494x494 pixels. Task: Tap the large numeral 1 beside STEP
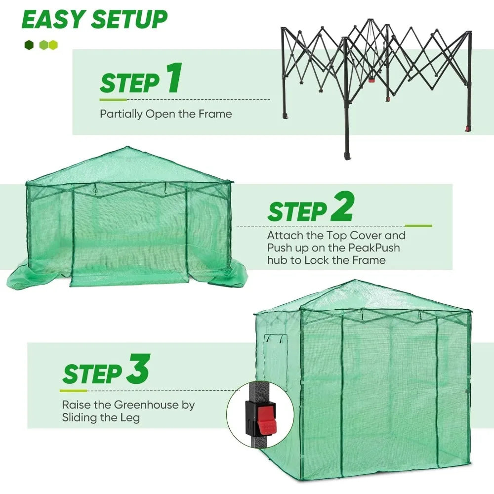pyautogui.click(x=172, y=80)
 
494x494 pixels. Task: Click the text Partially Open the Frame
pyautogui.click(x=165, y=114)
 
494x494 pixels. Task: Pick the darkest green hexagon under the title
pyautogui.click(x=28, y=45)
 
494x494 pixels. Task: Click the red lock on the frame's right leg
pyautogui.click(x=466, y=130)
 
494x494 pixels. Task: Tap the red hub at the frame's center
pyautogui.click(x=371, y=79)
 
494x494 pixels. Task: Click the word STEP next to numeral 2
pyautogui.click(x=297, y=211)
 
